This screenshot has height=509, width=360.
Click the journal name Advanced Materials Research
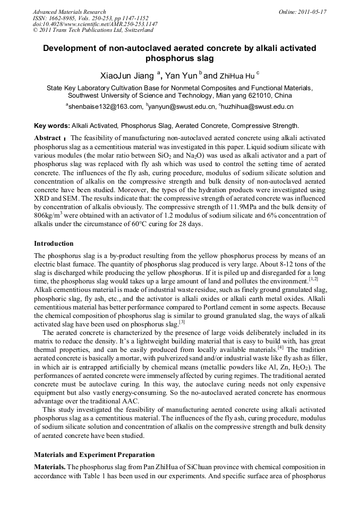[x=69, y=12]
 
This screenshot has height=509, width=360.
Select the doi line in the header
[x=95, y=24]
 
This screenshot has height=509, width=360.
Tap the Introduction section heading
[x=54, y=244]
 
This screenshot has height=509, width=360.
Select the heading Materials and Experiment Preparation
[x=94, y=455]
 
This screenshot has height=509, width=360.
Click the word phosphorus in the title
[x=179, y=58]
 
